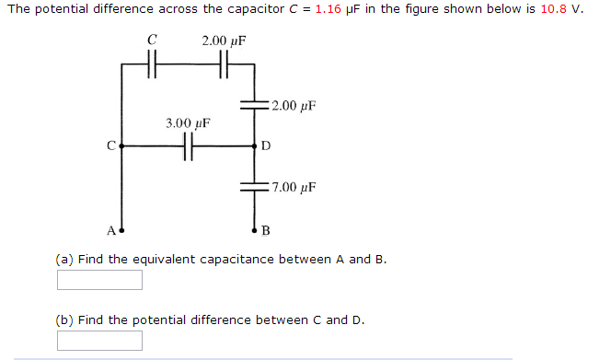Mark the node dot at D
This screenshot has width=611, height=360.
click(x=255, y=145)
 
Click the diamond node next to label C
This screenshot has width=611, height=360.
click(x=121, y=145)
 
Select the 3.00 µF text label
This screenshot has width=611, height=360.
click(x=188, y=122)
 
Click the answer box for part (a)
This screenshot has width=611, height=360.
click(x=99, y=280)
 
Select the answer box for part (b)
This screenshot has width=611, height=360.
click(x=99, y=341)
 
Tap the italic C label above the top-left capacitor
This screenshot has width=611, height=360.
click(x=152, y=41)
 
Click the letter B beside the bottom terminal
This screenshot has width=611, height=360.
click(x=267, y=230)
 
